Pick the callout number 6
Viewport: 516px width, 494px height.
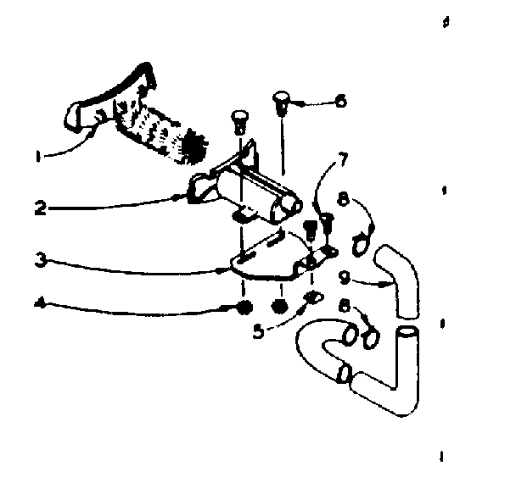341,101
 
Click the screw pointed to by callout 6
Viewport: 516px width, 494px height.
281,105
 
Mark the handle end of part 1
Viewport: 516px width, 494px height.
89,114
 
